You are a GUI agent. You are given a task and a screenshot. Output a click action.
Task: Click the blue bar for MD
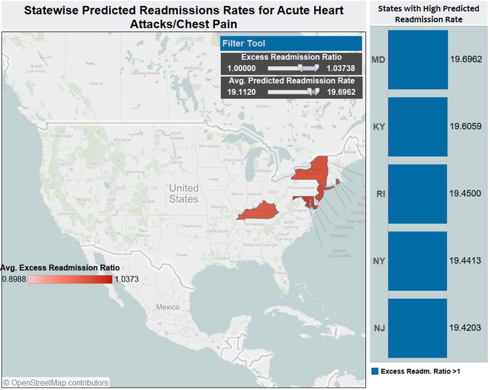(x=418, y=60)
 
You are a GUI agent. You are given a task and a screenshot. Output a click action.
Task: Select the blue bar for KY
(x=418, y=127)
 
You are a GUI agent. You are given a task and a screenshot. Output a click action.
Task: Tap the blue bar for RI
(x=418, y=194)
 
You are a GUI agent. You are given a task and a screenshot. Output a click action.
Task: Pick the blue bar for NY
(x=418, y=260)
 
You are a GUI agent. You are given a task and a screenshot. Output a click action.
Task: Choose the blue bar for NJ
(x=418, y=327)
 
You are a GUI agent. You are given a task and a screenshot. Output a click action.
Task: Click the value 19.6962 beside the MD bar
(x=466, y=60)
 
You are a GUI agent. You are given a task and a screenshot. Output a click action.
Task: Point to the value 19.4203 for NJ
(x=465, y=327)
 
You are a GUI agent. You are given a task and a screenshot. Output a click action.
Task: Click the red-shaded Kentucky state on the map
(x=259, y=212)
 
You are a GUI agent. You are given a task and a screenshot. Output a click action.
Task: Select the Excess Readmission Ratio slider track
(x=294, y=68)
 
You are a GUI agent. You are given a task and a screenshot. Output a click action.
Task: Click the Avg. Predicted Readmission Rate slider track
(x=294, y=92)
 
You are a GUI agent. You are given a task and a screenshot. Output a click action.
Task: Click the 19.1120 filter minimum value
(x=241, y=92)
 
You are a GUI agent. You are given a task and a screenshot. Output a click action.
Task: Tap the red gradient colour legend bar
(x=70, y=279)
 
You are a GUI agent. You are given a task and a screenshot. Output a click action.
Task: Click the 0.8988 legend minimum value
(x=13, y=279)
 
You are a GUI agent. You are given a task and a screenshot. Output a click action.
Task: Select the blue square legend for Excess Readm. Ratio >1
(x=375, y=371)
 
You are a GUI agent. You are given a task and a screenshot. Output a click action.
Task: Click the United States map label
(x=183, y=194)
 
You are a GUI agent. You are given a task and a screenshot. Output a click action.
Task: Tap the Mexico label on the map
(x=168, y=307)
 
